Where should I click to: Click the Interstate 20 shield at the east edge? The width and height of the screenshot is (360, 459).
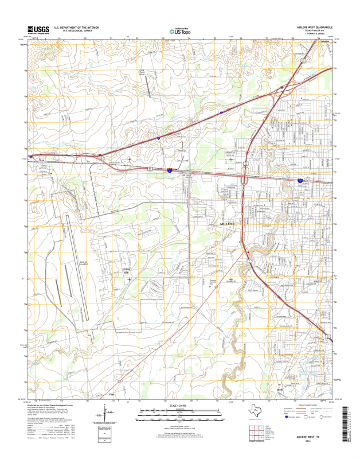coord(300,180)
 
